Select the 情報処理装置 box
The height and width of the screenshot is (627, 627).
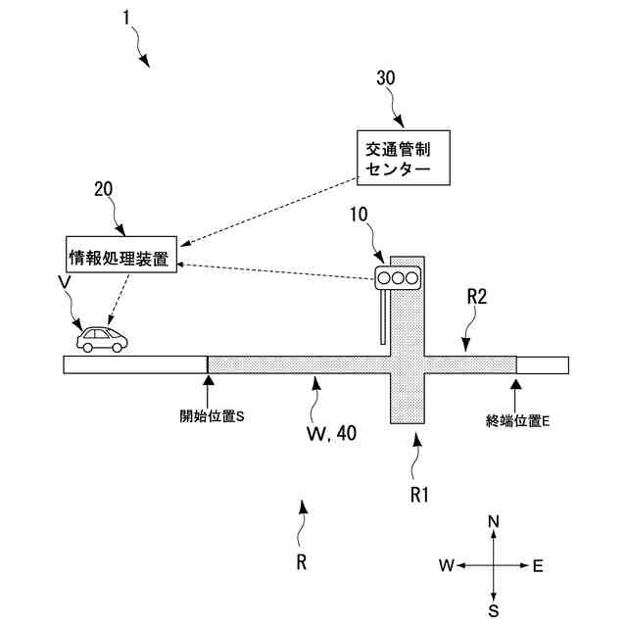[x=119, y=260]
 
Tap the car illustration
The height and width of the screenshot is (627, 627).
[x=103, y=339]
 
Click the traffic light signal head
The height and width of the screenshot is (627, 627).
[x=398, y=279]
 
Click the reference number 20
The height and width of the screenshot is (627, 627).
[x=105, y=189]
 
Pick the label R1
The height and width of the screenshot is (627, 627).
[x=420, y=495]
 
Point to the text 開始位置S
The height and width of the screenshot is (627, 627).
[x=211, y=416]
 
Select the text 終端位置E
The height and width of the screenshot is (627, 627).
[x=518, y=421]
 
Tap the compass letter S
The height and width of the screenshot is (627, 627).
[x=494, y=611]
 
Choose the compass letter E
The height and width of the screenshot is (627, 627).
[x=538, y=565]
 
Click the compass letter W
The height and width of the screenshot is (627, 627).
[x=446, y=565]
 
